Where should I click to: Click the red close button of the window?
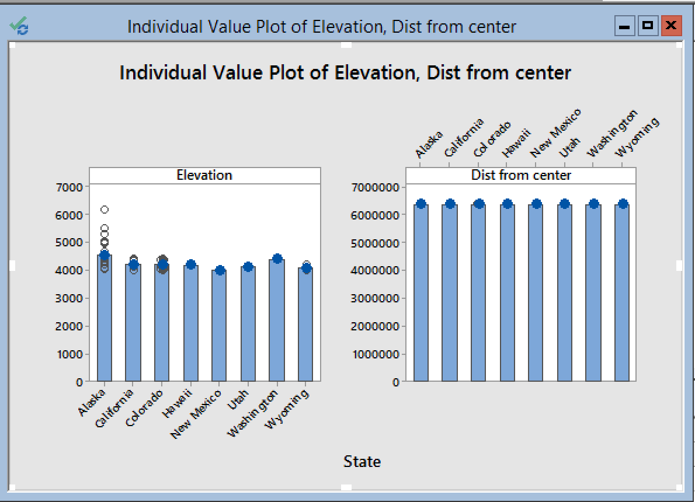[x=671, y=26]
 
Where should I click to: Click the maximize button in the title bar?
[x=648, y=26]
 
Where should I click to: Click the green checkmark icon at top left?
[x=19, y=26]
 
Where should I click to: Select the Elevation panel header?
[x=204, y=175]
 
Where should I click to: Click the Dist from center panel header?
[x=521, y=175]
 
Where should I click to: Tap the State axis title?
[x=362, y=462]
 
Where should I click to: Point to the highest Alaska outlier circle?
[x=105, y=209]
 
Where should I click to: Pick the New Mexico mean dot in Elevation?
[x=220, y=270]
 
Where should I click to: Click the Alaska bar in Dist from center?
[x=421, y=292]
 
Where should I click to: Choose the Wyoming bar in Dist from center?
[x=622, y=292]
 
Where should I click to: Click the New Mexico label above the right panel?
[x=555, y=134]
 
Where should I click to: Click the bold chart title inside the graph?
[x=345, y=73]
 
